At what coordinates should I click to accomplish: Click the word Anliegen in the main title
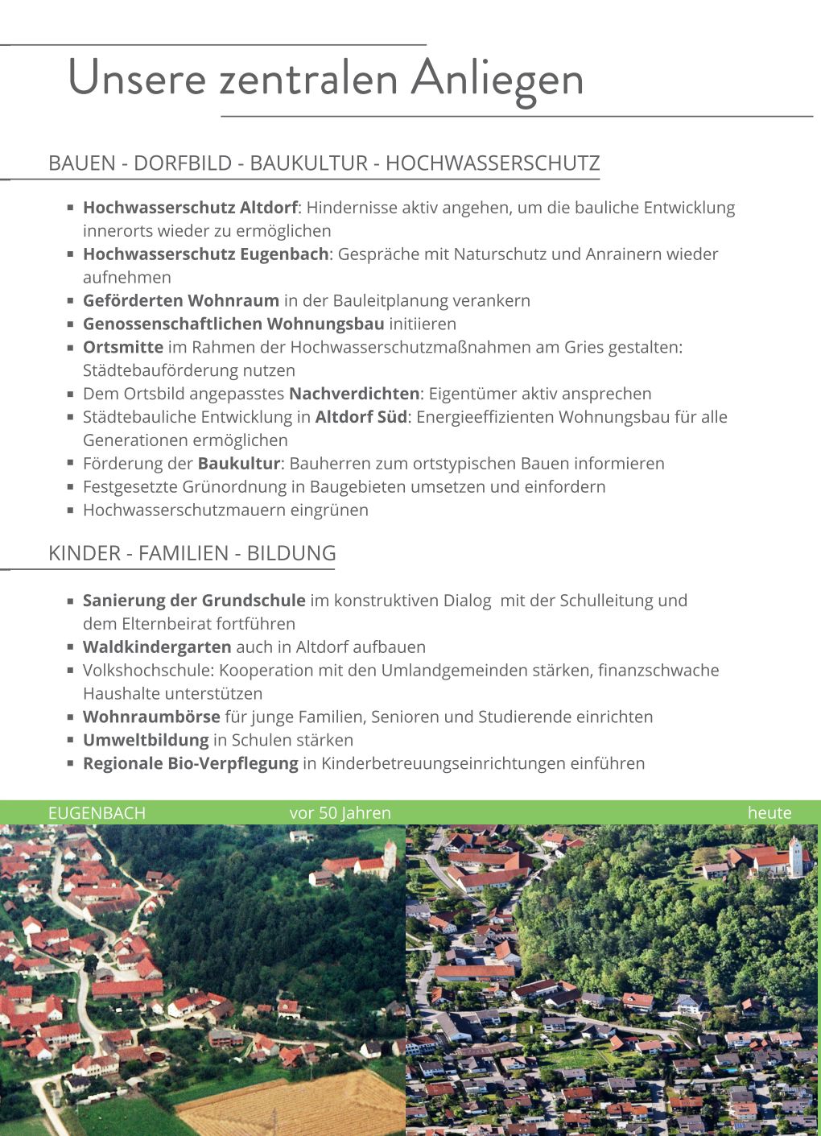tap(497, 79)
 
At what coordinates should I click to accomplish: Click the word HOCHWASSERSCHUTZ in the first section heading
tap(492, 163)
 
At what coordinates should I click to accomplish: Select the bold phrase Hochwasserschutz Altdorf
tap(190, 208)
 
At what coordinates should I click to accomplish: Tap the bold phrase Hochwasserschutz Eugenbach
tap(205, 254)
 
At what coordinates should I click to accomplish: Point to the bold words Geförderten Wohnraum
tap(180, 301)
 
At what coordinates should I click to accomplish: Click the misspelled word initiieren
tap(422, 324)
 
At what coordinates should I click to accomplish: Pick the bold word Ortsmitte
tap(122, 348)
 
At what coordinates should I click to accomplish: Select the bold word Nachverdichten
tap(353, 395)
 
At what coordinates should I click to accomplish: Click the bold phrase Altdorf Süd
tap(361, 418)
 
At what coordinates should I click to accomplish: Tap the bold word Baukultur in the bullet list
tap(238, 464)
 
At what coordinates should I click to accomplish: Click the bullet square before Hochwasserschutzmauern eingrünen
tap(71, 510)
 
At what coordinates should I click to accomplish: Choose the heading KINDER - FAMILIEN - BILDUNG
tap(192, 554)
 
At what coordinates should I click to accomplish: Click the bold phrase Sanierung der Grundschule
tap(193, 601)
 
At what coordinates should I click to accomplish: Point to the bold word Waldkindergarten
tap(156, 647)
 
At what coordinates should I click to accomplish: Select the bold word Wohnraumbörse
tap(151, 717)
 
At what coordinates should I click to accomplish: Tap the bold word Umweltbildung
tap(145, 741)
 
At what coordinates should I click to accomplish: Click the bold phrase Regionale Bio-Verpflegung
tap(190, 764)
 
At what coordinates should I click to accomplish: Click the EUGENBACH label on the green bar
tap(97, 813)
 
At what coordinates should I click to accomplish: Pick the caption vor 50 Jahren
tap(340, 813)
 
